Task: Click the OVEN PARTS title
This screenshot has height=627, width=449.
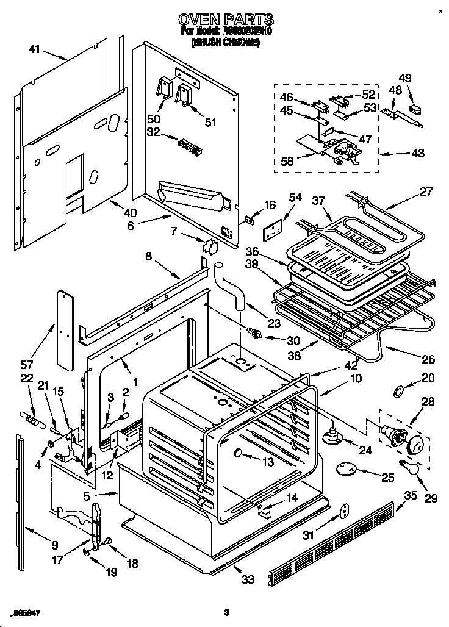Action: pyautogui.click(x=225, y=20)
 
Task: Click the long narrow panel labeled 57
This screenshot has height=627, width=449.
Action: pyautogui.click(x=64, y=328)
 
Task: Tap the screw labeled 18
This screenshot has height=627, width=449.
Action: pyautogui.click(x=109, y=540)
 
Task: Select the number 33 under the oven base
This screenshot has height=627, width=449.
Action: pyautogui.click(x=247, y=579)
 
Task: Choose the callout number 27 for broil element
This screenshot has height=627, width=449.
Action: pyautogui.click(x=426, y=192)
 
